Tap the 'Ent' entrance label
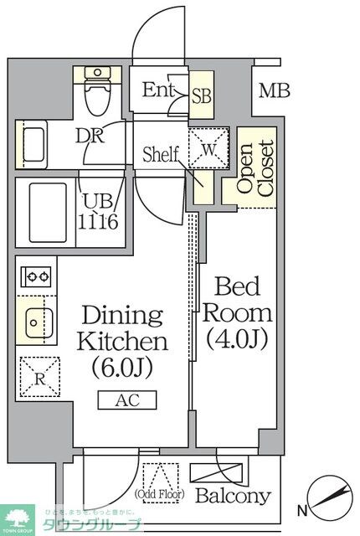pyautogui.click(x=157, y=90)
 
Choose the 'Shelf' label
pyautogui.click(x=161, y=154)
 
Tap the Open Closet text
pyautogui.click(x=255, y=167)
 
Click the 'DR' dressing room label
pyautogui.click(x=90, y=137)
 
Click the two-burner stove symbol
pyautogui.click(x=36, y=276)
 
